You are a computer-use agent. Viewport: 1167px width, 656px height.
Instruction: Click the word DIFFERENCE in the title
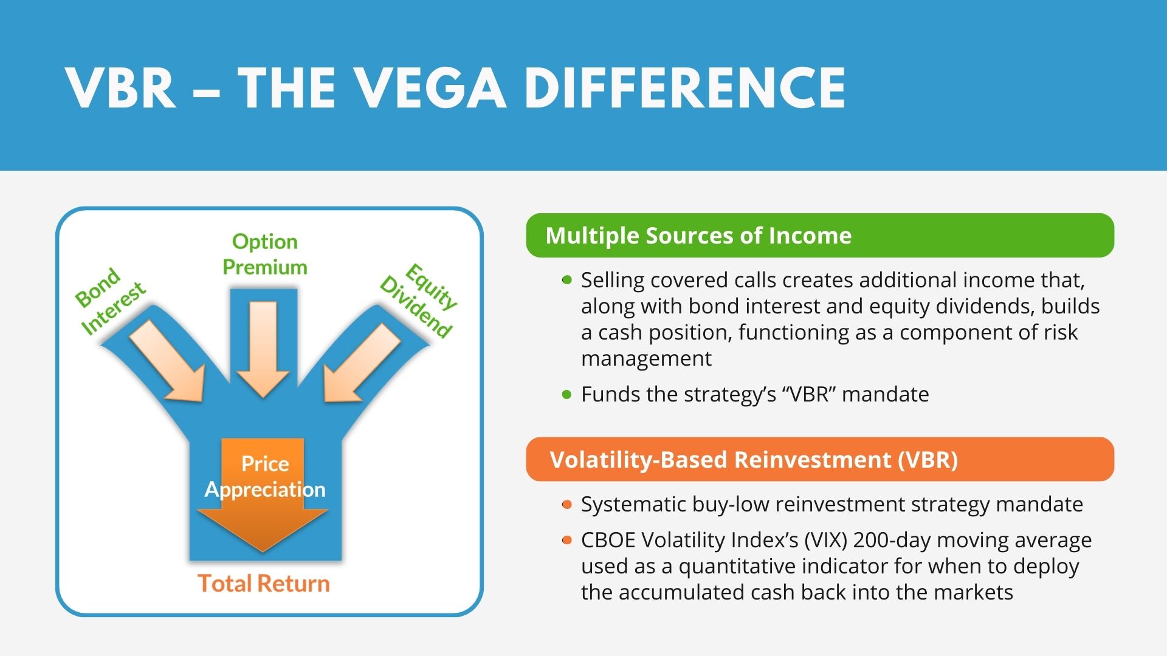[685, 88]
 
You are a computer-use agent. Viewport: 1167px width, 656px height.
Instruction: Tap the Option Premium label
[265, 255]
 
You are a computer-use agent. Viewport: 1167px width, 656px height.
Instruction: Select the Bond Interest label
[110, 301]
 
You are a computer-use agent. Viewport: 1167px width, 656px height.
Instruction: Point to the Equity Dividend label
[418, 300]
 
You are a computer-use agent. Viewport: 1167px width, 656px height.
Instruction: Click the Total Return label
[264, 583]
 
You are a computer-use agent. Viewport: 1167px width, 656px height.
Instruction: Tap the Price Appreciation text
[265, 477]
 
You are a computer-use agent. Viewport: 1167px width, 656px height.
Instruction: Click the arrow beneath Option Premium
[263, 349]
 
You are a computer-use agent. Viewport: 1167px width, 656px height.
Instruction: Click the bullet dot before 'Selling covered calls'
[567, 280]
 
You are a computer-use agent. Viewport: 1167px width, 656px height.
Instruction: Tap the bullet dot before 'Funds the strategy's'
[567, 395]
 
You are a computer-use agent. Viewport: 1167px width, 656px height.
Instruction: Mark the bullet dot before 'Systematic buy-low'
[567, 505]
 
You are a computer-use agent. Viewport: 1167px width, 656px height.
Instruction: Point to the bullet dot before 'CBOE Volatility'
[567, 540]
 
